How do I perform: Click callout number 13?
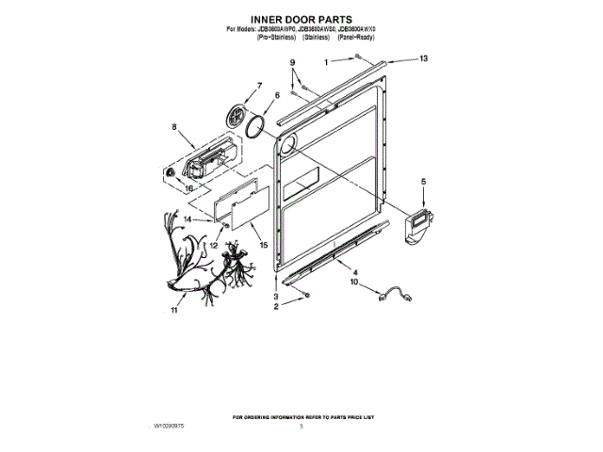click(x=423, y=58)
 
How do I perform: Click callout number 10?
click(x=355, y=282)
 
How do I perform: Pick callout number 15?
click(x=263, y=245)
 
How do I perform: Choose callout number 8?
click(x=174, y=125)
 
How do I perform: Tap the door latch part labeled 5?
click(x=416, y=227)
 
